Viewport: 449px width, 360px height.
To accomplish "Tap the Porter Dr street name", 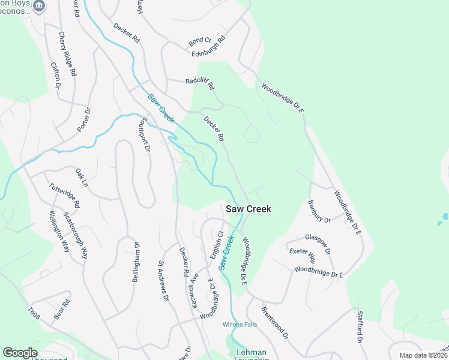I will tap(83, 120).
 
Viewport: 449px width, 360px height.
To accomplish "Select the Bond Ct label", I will tap(200, 41).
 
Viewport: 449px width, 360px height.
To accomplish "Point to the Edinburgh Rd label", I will tap(208, 47).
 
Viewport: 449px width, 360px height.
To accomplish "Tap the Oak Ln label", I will tap(82, 177).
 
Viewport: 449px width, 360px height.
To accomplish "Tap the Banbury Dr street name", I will tap(319, 212).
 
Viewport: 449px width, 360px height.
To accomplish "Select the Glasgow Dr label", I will tap(318, 245).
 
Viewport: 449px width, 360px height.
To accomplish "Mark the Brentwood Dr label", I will tap(274, 324).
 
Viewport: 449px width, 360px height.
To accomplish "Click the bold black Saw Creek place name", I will tap(249, 209).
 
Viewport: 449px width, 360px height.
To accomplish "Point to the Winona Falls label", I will tap(240, 325).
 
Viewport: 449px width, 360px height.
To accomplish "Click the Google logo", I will tap(20, 353).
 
